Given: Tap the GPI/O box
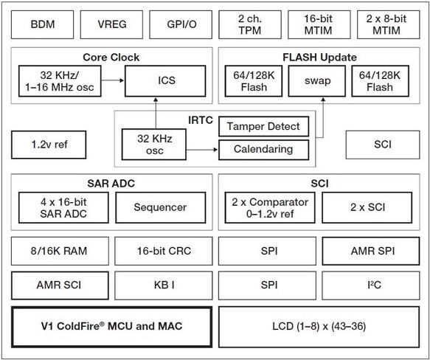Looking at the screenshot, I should point(180,24).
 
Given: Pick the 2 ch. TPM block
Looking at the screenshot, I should point(249,24).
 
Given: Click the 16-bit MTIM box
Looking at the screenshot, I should point(318,24).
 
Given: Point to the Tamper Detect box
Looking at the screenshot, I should point(264,126).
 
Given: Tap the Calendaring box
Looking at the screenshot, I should point(264,149).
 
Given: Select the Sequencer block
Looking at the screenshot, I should point(159,207).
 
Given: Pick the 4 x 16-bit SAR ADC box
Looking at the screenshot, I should point(63,207).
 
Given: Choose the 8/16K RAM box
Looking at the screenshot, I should point(60,252).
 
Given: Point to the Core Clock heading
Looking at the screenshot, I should point(111,57).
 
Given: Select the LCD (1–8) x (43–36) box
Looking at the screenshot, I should point(319,325).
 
